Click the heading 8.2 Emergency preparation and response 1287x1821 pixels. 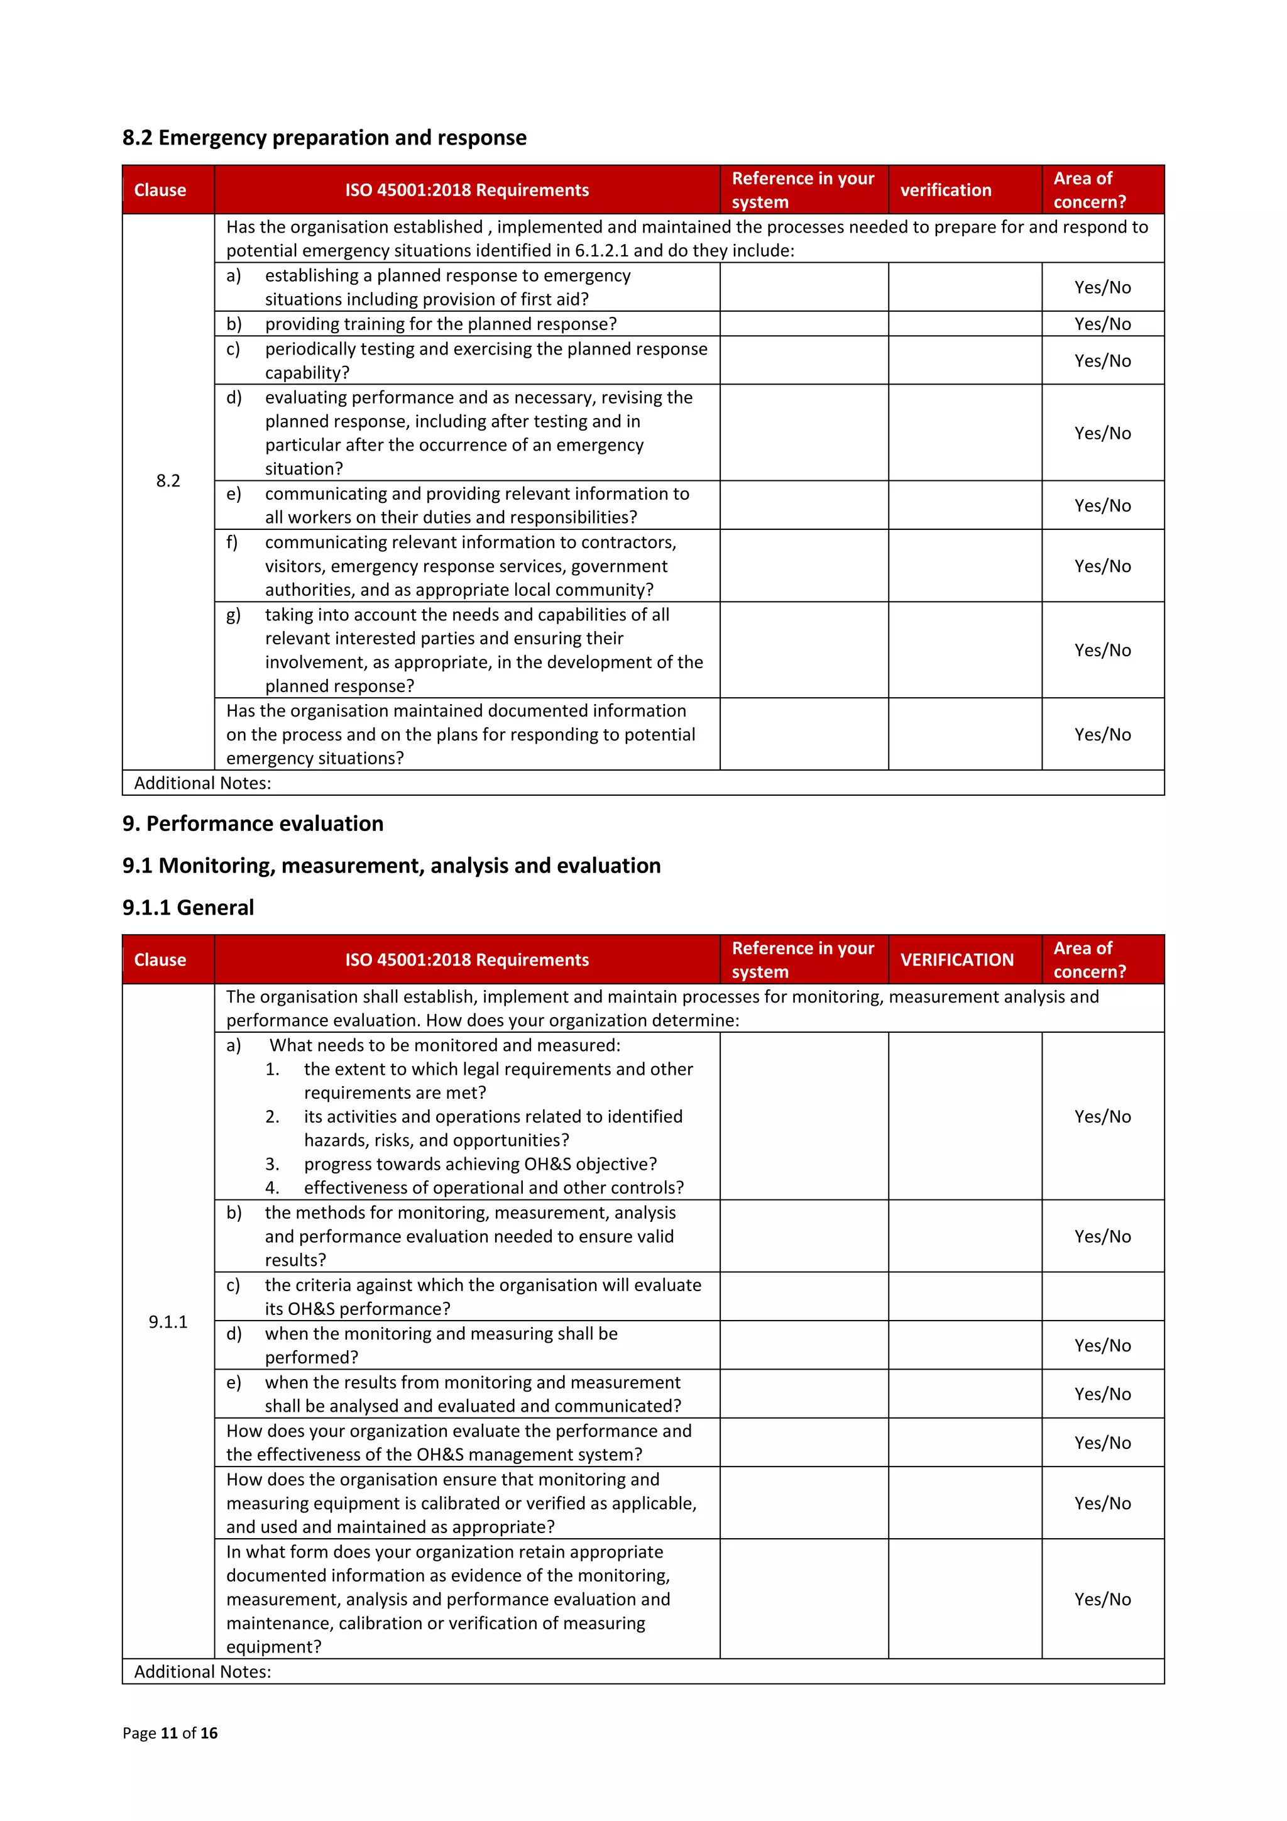tap(324, 138)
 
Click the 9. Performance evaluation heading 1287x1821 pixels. tap(252, 823)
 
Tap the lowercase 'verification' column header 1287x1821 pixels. tap(945, 190)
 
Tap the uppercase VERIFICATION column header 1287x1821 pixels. tap(956, 960)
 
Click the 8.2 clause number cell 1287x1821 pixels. tap(168, 481)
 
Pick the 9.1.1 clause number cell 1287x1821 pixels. tap(168, 1321)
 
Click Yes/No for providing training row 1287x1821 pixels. tap(1102, 324)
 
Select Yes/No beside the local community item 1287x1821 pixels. tap(1102, 566)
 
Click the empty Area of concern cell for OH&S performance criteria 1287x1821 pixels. tap(1102, 1297)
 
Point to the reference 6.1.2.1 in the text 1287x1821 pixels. tap(601, 251)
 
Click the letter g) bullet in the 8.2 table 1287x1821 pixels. tap(233, 615)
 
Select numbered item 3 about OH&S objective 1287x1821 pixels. tap(479, 1164)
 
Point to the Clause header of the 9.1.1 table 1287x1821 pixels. tap(160, 960)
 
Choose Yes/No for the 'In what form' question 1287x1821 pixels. tap(1102, 1599)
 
